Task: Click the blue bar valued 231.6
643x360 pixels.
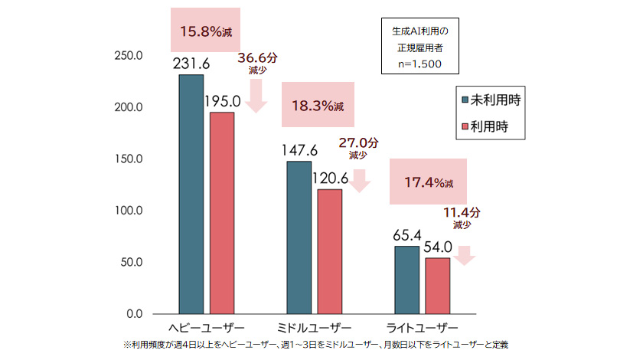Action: point(191,195)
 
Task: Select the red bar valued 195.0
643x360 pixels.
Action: point(222,213)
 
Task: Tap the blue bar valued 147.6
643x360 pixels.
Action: point(299,237)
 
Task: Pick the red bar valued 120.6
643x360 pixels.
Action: point(330,251)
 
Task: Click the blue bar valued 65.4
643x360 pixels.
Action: point(406,280)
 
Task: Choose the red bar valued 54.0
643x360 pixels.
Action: point(438,286)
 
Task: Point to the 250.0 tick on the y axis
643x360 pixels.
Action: point(127,56)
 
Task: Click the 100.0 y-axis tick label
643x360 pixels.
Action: point(127,211)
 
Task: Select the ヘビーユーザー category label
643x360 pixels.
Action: point(206,327)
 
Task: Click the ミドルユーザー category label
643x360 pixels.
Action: point(315,327)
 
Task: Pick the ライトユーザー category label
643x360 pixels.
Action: point(422,327)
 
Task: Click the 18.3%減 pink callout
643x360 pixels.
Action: point(314,105)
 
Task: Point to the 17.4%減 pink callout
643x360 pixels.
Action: point(427,182)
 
